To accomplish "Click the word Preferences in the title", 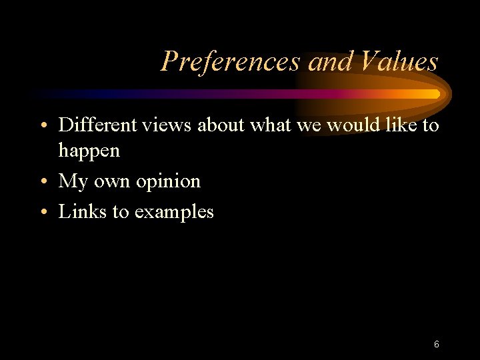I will pyautogui.click(x=231, y=62).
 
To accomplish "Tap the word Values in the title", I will pyautogui.click(x=399, y=62).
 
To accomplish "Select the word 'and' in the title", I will pyautogui.click(x=330, y=62).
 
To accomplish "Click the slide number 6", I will pyautogui.click(x=436, y=345).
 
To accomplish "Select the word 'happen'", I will pyautogui.click(x=89, y=151).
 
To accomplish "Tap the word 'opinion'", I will pyautogui.click(x=169, y=181).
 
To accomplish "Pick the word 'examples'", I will pyautogui.click(x=174, y=213).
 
